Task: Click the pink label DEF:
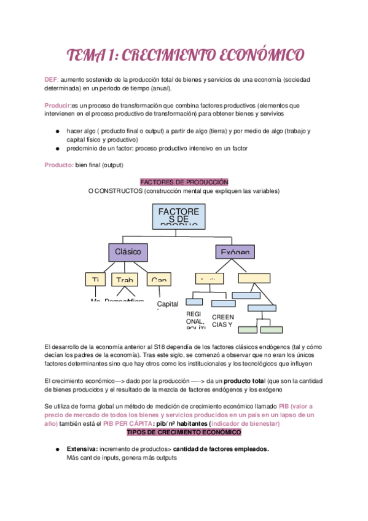pyautogui.click(x=51, y=80)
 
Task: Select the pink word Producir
pyautogui.click(x=57, y=105)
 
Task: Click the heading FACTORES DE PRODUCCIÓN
pyautogui.click(x=184, y=182)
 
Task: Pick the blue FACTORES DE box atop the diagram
pyautogui.click(x=178, y=216)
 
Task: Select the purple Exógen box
pyautogui.click(x=233, y=252)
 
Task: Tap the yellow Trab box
pyautogui.click(x=125, y=280)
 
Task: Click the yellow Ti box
pyautogui.click(x=96, y=280)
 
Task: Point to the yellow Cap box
pyautogui.click(x=159, y=280)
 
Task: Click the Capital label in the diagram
pyautogui.click(x=167, y=304)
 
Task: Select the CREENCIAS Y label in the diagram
pyautogui.click(x=222, y=321)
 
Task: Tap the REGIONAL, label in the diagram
pyautogui.click(x=195, y=321)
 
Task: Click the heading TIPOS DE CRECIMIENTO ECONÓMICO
pyautogui.click(x=184, y=433)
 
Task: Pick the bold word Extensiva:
pyautogui.click(x=82, y=449)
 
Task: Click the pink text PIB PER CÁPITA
pyautogui.click(x=129, y=424)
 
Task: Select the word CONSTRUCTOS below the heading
pyautogui.click(x=121, y=191)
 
